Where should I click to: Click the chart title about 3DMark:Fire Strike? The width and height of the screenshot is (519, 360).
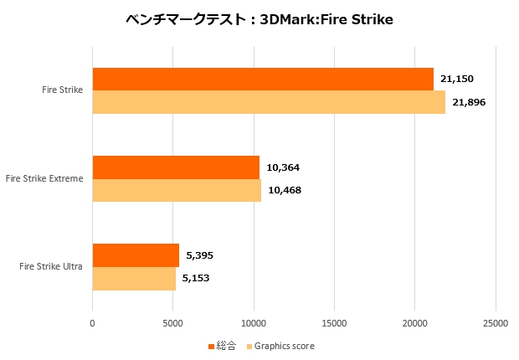[259, 19]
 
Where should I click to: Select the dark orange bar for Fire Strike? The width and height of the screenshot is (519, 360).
[263, 79]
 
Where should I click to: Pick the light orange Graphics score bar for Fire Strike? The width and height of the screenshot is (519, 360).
[269, 102]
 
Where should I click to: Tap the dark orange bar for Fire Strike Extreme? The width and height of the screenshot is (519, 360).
[176, 167]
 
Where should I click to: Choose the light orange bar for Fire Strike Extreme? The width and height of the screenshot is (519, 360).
[177, 190]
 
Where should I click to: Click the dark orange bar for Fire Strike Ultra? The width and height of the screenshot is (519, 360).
[136, 255]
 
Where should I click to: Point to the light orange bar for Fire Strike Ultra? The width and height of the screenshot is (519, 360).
[134, 278]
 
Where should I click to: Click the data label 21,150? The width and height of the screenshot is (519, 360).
[457, 79]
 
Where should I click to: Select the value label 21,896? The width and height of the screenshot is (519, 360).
[469, 102]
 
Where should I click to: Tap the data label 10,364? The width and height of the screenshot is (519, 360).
[283, 167]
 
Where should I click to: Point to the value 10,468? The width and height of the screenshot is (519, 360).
[285, 190]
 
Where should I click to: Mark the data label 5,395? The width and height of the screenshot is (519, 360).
[200, 255]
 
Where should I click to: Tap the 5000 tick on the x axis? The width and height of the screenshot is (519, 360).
[172, 321]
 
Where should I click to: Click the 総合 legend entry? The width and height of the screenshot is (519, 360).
[225, 346]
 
